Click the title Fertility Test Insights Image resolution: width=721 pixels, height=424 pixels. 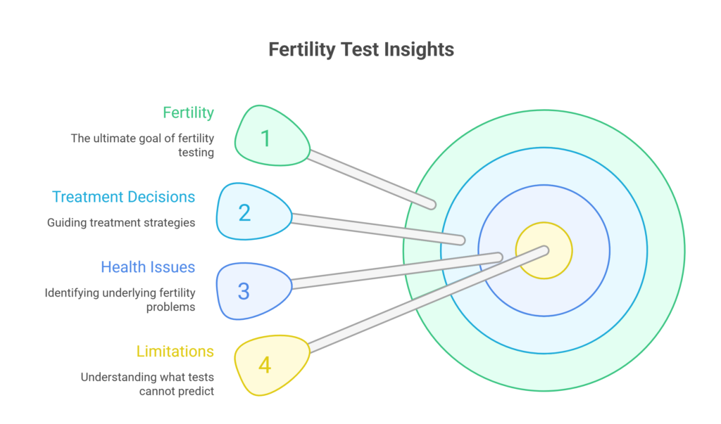[361, 50]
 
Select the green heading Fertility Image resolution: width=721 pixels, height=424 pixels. [188, 113]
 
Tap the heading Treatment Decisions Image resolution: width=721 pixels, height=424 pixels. [123, 197]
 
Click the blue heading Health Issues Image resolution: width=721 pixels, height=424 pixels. [148, 267]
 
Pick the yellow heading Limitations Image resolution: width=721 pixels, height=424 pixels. [175, 351]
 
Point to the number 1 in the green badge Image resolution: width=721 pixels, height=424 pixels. [265, 139]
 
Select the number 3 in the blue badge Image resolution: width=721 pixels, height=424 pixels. [244, 291]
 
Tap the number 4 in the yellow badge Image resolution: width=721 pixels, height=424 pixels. [265, 366]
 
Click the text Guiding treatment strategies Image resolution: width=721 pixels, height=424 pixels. [121, 222]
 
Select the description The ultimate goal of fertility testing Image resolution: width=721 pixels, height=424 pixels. [142, 145]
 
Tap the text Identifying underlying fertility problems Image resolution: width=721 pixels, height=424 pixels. [120, 300]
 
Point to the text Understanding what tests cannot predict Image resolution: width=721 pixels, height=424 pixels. [147, 384]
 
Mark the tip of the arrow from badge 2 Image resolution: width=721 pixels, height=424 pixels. [461, 240]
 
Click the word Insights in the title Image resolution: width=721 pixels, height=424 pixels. [420, 50]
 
